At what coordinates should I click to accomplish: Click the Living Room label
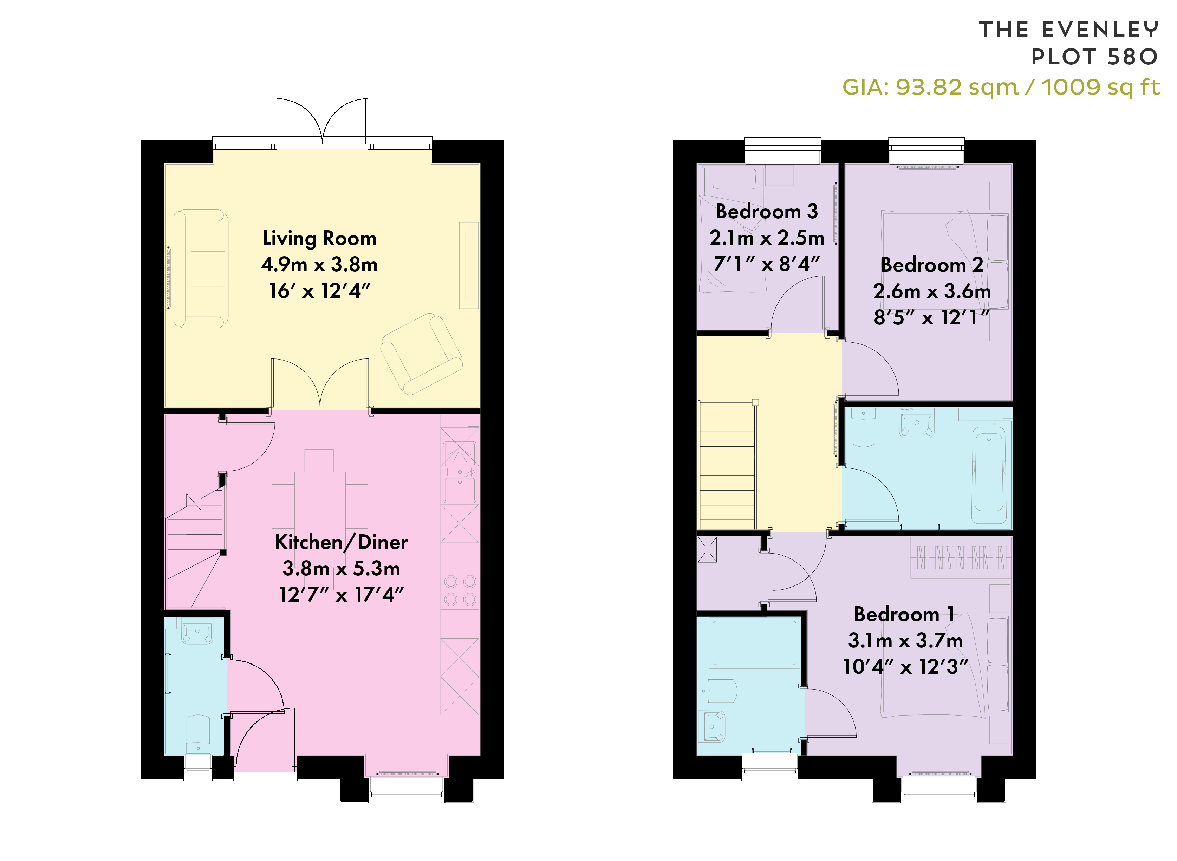coord(319,238)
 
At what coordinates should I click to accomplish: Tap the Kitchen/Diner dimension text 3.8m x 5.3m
coord(341,568)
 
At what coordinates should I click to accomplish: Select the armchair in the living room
coord(422,354)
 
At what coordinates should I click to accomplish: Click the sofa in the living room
coord(201,268)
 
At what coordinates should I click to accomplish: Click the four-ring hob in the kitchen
coord(460,590)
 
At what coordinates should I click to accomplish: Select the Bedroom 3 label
coord(766,211)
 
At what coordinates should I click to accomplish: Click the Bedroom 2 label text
coord(932,265)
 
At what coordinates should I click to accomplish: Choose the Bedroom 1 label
coord(904,614)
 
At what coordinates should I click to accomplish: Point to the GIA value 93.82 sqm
coord(957,87)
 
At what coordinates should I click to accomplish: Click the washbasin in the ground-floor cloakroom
coord(197,633)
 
